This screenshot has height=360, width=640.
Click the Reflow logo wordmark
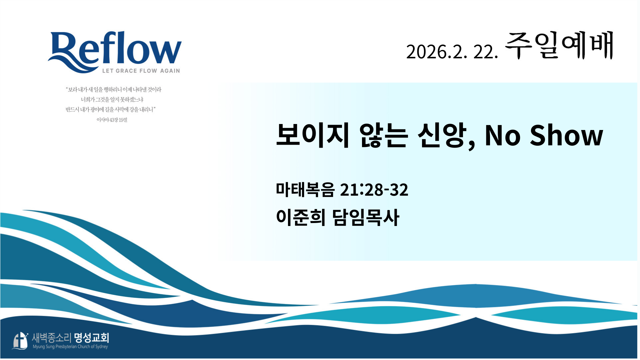click(115, 52)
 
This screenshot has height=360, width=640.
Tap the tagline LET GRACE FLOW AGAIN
click(141, 71)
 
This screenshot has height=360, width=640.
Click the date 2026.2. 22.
click(452, 52)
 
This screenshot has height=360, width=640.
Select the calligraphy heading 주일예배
click(559, 46)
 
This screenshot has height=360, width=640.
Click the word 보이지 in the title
click(313, 135)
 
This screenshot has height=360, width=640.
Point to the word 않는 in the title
click(383, 135)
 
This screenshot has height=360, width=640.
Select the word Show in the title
click(566, 135)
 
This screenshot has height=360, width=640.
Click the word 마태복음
click(305, 189)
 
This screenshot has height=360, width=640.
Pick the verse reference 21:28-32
click(374, 190)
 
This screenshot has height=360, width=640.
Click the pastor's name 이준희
click(301, 217)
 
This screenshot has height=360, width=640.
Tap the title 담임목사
click(366, 217)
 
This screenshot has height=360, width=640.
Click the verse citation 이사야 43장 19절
click(112, 120)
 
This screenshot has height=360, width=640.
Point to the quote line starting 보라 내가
click(113, 90)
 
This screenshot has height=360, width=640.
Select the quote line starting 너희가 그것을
click(112, 100)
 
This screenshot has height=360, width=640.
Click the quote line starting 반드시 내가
click(111, 110)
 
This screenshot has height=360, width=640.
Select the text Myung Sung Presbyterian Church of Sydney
click(70, 347)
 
